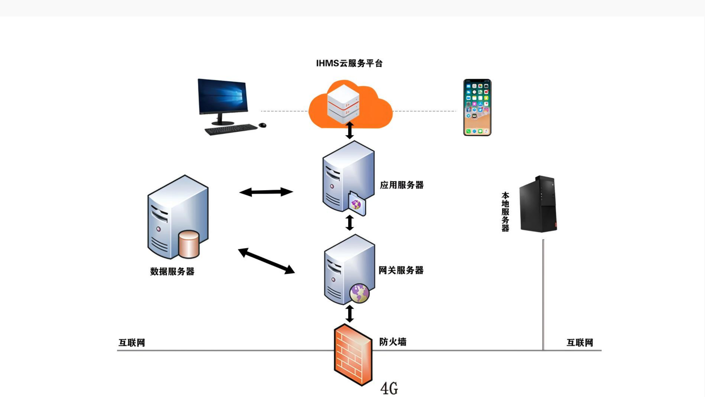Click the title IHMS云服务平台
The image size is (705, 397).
349,63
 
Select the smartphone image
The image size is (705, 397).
477,107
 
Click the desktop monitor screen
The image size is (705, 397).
223,96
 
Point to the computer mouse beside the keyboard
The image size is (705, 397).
262,125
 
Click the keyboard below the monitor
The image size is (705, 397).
231,129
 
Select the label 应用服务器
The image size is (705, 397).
402,185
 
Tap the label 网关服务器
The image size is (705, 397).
401,270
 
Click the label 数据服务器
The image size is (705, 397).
172,272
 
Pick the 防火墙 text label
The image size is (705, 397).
392,342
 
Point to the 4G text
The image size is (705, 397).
389,388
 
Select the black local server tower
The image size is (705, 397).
538,204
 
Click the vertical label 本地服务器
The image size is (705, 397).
505,212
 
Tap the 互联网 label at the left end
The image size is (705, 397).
132,343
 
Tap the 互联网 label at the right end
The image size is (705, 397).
580,343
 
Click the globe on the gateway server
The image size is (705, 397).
359,293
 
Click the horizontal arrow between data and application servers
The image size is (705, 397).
266,192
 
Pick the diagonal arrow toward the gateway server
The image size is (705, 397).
266,261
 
